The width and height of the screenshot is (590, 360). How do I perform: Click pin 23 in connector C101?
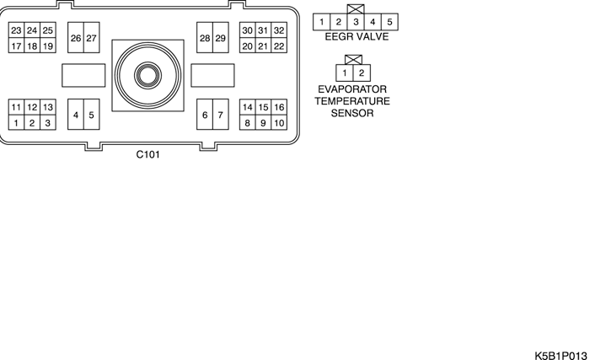15,30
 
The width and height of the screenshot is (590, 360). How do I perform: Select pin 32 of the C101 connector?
279,30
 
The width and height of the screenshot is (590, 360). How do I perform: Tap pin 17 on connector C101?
15,46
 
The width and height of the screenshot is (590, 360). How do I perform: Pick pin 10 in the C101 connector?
279,123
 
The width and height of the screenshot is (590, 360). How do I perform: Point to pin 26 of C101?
76,38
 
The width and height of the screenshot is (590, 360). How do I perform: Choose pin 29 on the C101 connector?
221,38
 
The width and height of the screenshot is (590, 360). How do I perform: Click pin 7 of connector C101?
221,115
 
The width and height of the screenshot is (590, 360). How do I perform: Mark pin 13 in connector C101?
47,107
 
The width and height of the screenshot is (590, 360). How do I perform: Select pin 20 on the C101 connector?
247,46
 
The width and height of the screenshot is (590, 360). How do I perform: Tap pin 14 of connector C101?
247,107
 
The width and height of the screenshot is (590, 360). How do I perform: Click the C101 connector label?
148,155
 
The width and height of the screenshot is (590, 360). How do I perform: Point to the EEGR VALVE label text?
356,36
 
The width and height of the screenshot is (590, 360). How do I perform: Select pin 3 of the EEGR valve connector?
356,21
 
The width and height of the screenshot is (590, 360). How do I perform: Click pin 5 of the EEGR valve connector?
389,21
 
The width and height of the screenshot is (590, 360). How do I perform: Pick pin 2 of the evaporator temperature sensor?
362,73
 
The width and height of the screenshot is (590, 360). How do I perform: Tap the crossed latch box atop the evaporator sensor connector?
354,60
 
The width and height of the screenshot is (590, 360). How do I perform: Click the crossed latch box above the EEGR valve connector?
356,8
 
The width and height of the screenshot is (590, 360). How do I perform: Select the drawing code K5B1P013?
560,355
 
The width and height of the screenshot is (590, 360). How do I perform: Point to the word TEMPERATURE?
353,100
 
